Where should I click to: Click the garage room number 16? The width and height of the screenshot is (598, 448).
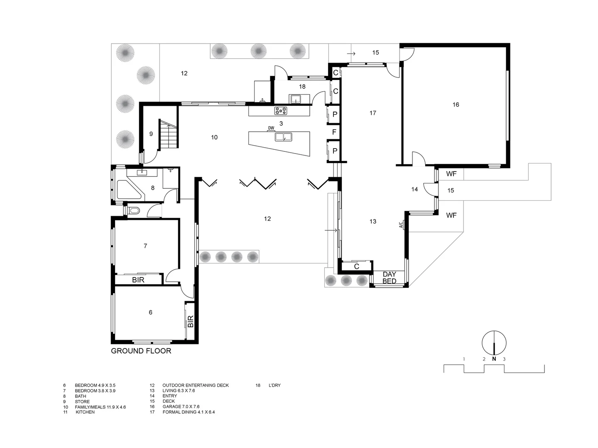(x=456, y=105)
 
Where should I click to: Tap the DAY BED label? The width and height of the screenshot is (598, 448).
(x=389, y=278)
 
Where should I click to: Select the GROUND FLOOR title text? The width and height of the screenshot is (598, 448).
(x=141, y=351)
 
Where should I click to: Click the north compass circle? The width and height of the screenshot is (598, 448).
(x=494, y=343)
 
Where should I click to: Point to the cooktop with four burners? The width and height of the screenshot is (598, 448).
(x=280, y=111)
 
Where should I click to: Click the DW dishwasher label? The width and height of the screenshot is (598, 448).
(x=271, y=128)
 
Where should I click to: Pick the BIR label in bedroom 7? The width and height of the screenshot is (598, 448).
(x=138, y=280)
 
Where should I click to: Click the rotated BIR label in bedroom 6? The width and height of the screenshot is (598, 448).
(x=191, y=321)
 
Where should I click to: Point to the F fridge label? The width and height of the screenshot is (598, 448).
(x=334, y=132)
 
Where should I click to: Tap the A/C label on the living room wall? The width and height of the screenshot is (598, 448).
(x=401, y=225)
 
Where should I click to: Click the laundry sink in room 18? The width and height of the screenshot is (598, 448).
(x=296, y=99)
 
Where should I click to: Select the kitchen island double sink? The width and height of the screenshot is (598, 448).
(x=283, y=137)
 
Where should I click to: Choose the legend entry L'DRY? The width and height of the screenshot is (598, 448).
(x=274, y=385)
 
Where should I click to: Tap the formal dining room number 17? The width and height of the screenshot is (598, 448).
(x=373, y=113)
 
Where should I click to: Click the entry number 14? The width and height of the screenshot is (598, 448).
(x=414, y=189)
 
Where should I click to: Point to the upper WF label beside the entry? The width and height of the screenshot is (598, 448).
(x=451, y=174)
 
